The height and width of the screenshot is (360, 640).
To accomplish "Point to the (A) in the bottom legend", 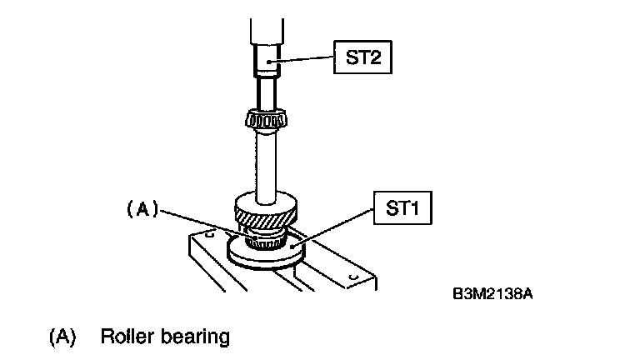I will pyautogui.click(x=62, y=337).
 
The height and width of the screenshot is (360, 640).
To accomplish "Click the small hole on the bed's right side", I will pyautogui.click(x=353, y=275).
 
